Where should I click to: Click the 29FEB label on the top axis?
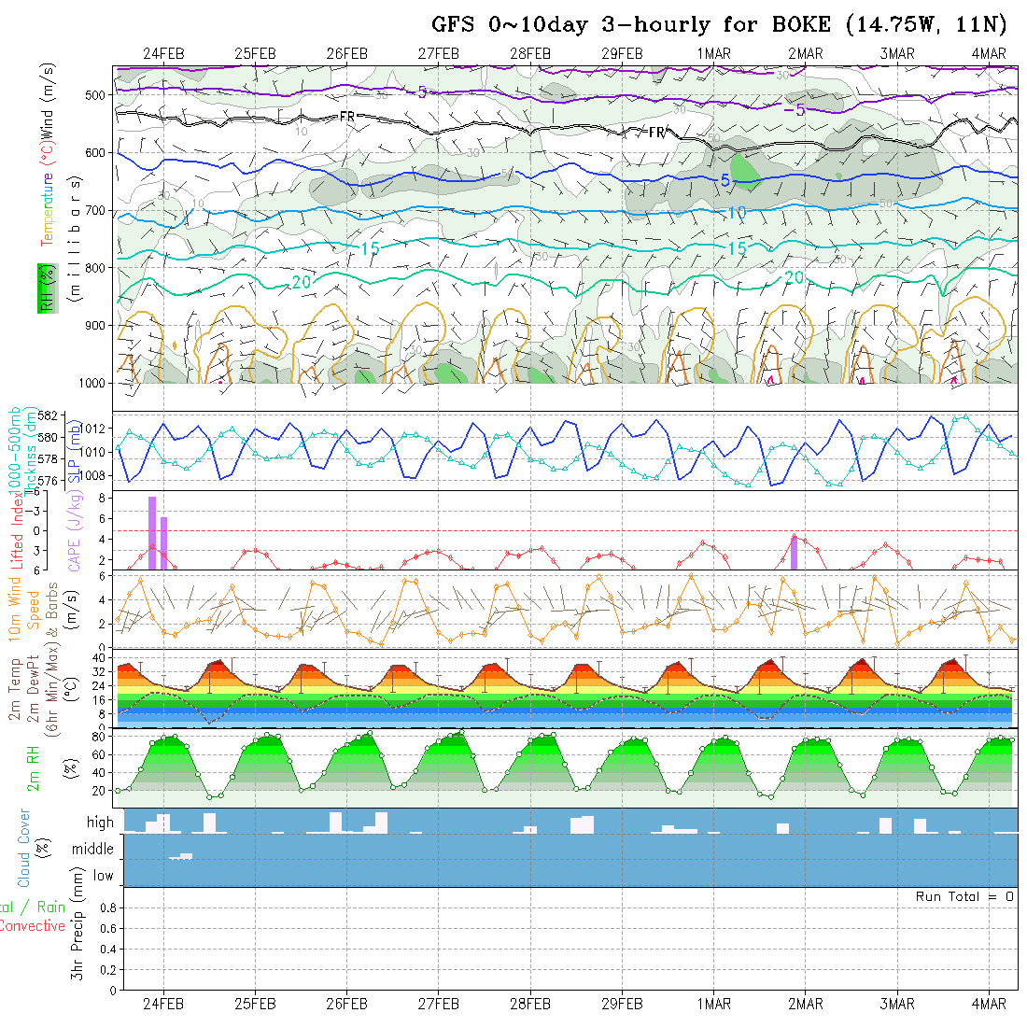click(622, 53)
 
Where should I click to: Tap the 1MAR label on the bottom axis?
click(714, 1004)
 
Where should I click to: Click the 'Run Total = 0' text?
click(964, 896)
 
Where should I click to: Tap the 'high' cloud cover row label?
click(100, 823)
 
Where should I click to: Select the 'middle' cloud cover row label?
click(93, 850)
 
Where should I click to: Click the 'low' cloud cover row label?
click(103, 876)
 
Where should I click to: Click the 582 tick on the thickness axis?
click(49, 415)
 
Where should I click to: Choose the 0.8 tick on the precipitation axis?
click(108, 907)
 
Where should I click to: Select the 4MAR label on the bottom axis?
click(989, 1004)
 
